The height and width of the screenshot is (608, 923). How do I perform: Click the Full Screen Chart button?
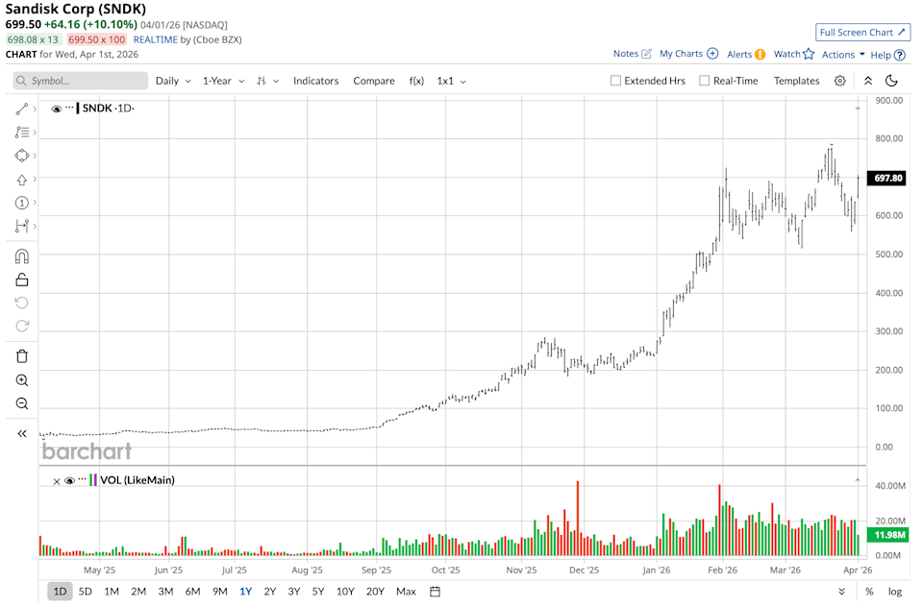click(862, 32)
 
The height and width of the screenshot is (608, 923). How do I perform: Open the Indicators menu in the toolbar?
click(315, 81)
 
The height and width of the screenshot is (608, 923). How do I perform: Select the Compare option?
click(373, 81)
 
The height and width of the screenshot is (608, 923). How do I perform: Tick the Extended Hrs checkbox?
click(615, 81)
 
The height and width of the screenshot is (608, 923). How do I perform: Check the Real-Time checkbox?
click(705, 81)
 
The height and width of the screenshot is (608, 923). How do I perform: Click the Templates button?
click(796, 81)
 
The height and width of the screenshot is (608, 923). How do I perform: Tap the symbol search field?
click(80, 81)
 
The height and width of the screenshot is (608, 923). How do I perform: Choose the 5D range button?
click(86, 591)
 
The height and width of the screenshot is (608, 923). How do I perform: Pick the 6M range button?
click(192, 591)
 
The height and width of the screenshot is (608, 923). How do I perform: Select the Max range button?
click(406, 591)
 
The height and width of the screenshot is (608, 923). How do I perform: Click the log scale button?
click(895, 591)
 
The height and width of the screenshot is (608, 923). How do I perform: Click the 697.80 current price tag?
click(886, 178)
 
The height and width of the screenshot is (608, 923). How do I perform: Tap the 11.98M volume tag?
click(886, 535)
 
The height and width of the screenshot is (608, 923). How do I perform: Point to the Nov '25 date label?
click(521, 570)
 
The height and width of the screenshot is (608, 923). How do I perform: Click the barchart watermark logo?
click(87, 450)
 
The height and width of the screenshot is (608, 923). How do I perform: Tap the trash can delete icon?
click(22, 356)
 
